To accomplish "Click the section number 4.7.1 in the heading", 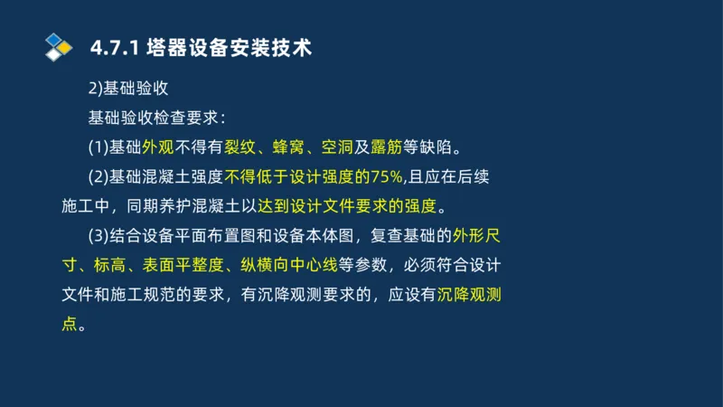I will [112, 48].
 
